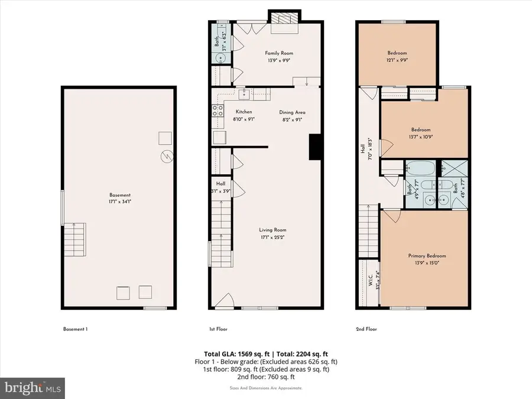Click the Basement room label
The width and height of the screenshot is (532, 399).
click(x=119, y=195)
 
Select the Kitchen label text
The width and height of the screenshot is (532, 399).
click(x=244, y=112)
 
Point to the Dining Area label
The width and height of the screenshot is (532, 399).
click(x=292, y=112)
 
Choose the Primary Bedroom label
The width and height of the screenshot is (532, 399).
click(x=427, y=256)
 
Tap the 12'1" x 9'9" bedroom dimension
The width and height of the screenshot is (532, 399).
click(x=397, y=60)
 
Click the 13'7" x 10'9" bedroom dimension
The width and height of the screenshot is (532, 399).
click(x=421, y=137)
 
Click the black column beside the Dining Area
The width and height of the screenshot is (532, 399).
click(x=315, y=146)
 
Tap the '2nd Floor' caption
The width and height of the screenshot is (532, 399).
click(x=367, y=329)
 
